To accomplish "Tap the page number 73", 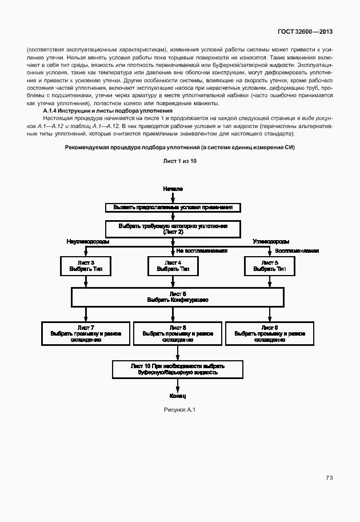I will (329, 477).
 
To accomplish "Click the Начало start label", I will (173, 188).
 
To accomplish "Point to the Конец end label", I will (178, 396).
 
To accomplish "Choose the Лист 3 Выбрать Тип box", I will (86, 265).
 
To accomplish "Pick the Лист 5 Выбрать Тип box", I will (270, 265).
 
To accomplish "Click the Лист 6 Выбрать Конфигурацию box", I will (177, 297).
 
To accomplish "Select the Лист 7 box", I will (86, 333).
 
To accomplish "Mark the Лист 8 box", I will (178, 333).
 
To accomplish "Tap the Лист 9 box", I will (270, 333).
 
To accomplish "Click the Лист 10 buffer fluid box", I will (178, 369).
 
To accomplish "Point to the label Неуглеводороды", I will (88, 242).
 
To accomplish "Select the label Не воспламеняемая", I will (202, 250).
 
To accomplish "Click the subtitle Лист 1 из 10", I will (179, 162).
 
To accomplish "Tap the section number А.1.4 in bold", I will (52, 110).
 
